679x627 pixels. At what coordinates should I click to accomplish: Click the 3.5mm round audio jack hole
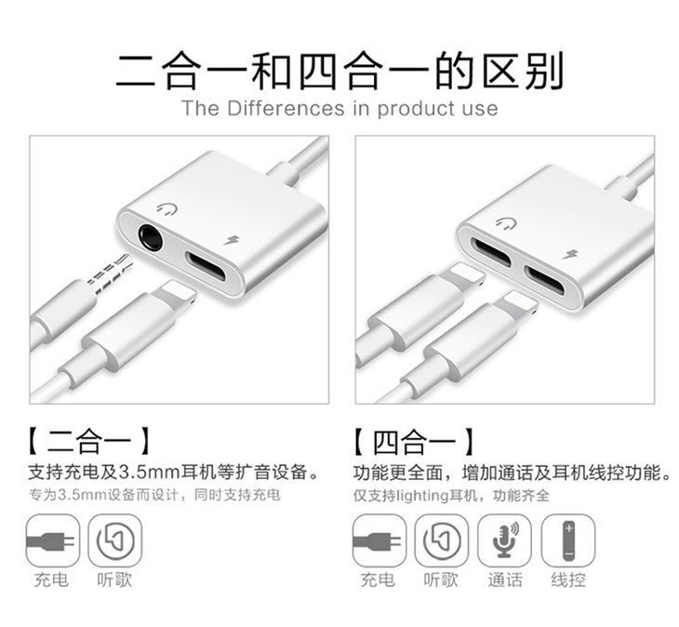(151, 237)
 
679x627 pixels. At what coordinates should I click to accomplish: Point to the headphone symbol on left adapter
(167, 210)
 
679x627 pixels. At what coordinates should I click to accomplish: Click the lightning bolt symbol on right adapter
(569, 255)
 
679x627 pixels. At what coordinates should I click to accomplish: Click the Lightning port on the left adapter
(206, 266)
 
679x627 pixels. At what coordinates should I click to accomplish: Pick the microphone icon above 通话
(504, 540)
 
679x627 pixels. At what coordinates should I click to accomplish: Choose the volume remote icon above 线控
(568, 540)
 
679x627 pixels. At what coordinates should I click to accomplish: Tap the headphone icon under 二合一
(115, 540)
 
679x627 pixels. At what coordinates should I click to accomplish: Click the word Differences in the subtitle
(286, 108)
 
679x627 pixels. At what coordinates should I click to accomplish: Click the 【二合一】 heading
(88, 442)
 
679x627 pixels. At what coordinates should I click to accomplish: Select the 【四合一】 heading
(414, 442)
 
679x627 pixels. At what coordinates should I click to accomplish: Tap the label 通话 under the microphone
(505, 580)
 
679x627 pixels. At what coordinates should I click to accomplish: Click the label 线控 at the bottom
(568, 580)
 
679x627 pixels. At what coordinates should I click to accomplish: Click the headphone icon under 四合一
(441, 540)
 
